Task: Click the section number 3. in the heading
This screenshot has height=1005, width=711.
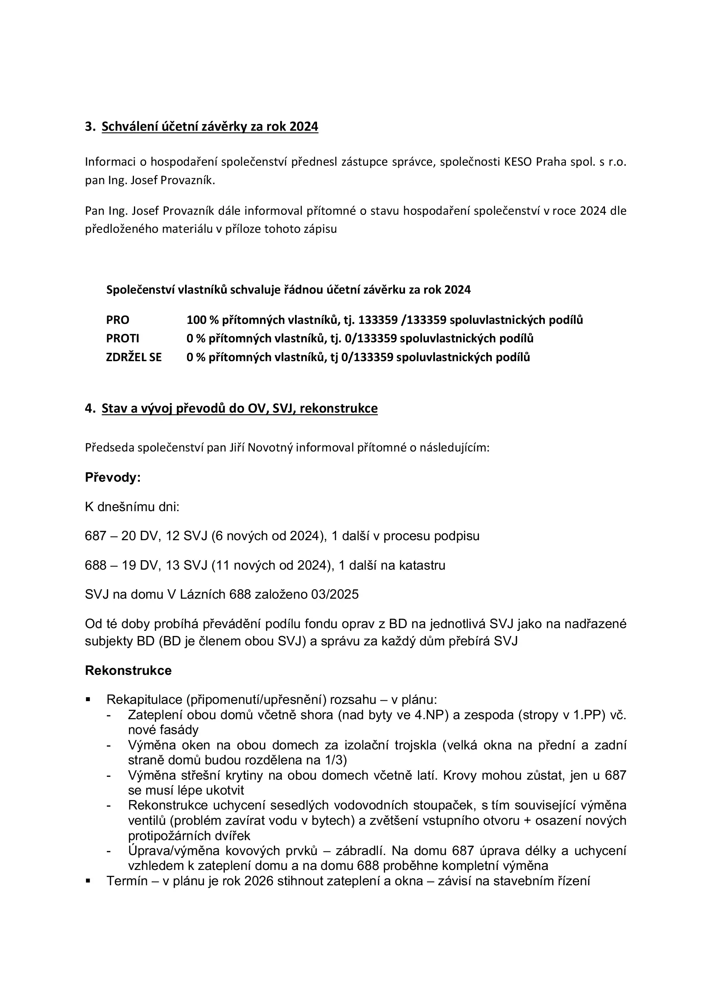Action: click(90, 126)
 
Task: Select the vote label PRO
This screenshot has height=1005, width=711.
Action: click(117, 320)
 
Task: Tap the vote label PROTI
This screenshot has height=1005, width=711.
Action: click(123, 338)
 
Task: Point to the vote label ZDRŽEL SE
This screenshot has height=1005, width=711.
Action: click(134, 357)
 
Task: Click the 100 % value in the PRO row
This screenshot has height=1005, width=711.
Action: click(202, 320)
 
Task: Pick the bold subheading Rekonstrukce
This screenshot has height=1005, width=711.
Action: click(128, 670)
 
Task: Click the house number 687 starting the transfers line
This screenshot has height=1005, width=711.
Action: click(95, 536)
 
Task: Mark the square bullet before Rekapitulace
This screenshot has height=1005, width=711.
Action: click(88, 700)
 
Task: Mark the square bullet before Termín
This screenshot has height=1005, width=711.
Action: click(88, 881)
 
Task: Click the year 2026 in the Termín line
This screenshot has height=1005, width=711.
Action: click(258, 881)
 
